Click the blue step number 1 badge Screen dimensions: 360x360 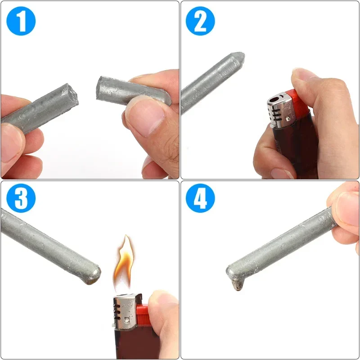(21, 21)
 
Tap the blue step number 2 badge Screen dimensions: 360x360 (201, 21)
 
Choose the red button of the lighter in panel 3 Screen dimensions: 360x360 (142, 315)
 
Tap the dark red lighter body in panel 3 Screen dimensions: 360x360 (130, 344)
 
